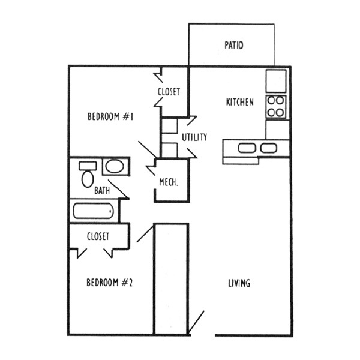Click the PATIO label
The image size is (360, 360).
click(233, 45)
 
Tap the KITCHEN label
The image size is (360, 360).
click(239, 102)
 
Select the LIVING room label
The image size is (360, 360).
click(239, 283)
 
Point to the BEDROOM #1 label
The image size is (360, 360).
click(110, 116)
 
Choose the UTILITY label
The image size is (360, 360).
click(194, 137)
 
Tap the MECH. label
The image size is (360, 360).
click(168, 182)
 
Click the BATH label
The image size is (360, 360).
click(102, 191)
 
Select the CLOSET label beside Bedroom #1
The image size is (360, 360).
click(169, 92)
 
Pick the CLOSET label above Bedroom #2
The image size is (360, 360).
click(98, 236)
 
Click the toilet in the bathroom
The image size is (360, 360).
click(88, 178)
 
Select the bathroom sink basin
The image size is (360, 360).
click(113, 166)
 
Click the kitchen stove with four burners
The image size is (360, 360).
click(276, 106)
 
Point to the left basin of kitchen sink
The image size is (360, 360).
click(246, 148)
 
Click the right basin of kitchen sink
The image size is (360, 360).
click(268, 148)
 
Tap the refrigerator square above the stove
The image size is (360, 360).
click(277, 79)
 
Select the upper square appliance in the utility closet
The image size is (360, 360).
click(170, 125)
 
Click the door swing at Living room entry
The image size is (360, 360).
click(197, 322)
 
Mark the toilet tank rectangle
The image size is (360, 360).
click(88, 165)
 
